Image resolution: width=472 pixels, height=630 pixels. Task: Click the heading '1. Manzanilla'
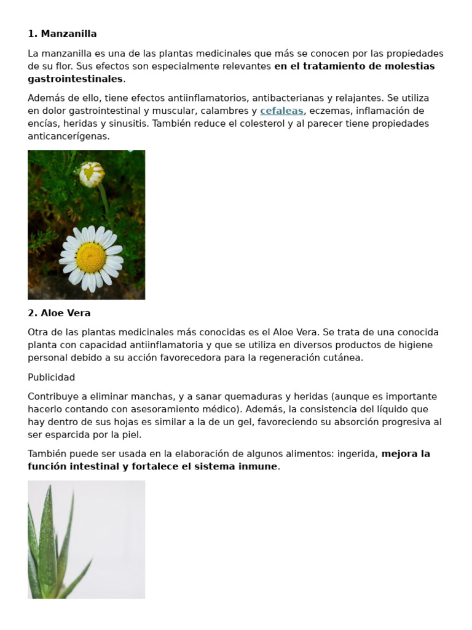pyautogui.click(x=62, y=34)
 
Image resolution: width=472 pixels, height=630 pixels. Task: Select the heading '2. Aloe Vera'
pyautogui.click(x=59, y=313)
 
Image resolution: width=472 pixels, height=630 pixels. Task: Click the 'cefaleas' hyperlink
pyautogui.click(x=281, y=111)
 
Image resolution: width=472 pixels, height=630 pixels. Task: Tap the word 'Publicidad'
pyautogui.click(x=52, y=377)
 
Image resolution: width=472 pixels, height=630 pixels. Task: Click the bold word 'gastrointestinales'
pyautogui.click(x=75, y=79)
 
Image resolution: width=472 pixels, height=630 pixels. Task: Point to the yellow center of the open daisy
pyautogui.click(x=91, y=257)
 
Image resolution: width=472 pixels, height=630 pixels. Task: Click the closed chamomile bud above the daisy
pyautogui.click(x=92, y=173)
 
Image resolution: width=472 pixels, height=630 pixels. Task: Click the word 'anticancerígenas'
pyautogui.click(x=69, y=137)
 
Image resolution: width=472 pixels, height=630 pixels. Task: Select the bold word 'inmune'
pyautogui.click(x=261, y=466)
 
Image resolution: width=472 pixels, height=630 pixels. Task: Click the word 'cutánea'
pyautogui.click(x=344, y=357)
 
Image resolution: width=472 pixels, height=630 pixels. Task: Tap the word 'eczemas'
pyautogui.click(x=331, y=111)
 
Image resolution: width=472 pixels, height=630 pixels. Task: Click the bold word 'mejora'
pyautogui.click(x=397, y=454)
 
